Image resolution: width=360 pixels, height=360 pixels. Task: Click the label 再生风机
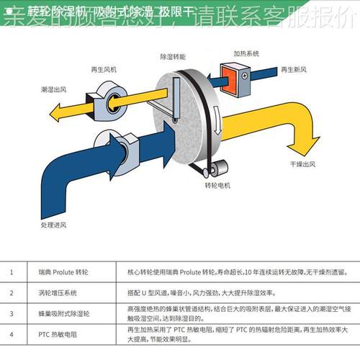coord(104,70)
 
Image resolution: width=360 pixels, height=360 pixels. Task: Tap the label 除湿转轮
coord(173,55)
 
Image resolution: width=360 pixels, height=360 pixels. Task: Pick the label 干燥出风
coord(303,163)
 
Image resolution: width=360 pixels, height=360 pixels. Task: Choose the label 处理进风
coord(55,225)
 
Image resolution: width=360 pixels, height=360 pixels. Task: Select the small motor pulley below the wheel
coord(213,169)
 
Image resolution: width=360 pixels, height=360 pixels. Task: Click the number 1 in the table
coord(12,273)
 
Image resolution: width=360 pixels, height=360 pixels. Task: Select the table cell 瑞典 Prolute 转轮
coord(61,273)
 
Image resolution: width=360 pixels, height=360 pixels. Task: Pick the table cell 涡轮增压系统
coord(58,293)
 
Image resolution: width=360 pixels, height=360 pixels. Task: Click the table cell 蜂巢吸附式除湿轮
coord(63,314)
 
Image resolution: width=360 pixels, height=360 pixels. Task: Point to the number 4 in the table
coord(12,335)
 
